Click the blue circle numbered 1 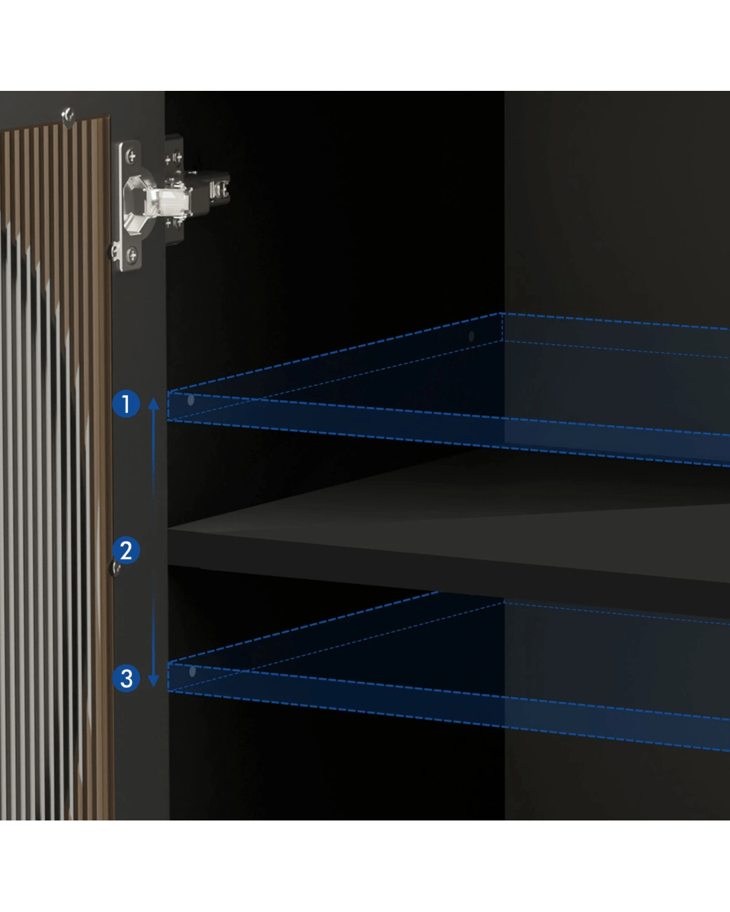(x=126, y=404)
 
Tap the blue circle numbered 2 (x=126, y=551)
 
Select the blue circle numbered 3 (x=126, y=678)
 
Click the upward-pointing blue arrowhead (x=153, y=403)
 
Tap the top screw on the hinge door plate (x=131, y=157)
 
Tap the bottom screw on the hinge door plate (x=132, y=255)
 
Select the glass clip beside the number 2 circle (x=115, y=568)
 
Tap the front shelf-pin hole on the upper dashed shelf (x=191, y=400)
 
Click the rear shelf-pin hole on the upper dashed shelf (x=471, y=336)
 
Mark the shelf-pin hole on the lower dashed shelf (x=192, y=671)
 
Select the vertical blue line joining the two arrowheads (x=153, y=542)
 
